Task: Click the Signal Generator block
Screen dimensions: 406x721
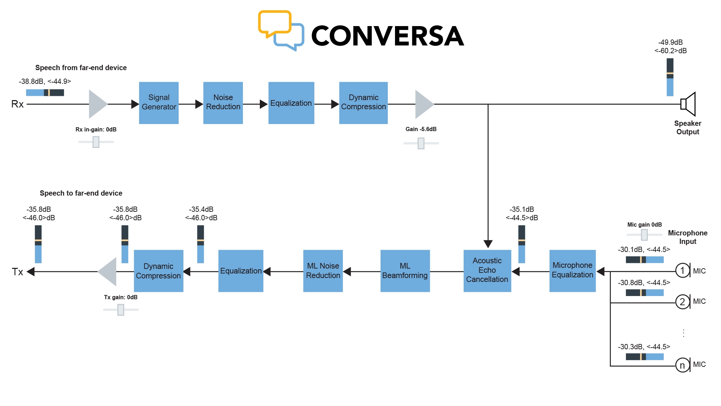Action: pyautogui.click(x=159, y=103)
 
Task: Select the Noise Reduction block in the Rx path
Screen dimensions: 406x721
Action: pyautogui.click(x=223, y=103)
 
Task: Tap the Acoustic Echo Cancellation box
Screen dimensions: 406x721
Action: pyautogui.click(x=487, y=270)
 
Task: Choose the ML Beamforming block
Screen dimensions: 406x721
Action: pyautogui.click(x=405, y=270)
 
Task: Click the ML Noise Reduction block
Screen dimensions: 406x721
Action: pyautogui.click(x=323, y=270)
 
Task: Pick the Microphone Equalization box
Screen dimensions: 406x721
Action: pyautogui.click(x=572, y=270)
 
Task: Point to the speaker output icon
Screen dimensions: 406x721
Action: pyautogui.click(x=688, y=104)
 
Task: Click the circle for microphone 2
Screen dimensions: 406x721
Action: pyautogui.click(x=682, y=302)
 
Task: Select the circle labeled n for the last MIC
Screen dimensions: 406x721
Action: pyautogui.click(x=682, y=365)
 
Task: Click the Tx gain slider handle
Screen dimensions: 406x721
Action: pyautogui.click(x=121, y=310)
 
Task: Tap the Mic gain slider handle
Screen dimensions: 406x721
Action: pyautogui.click(x=644, y=235)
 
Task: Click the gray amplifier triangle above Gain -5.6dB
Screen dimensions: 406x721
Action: pyautogui.click(x=423, y=104)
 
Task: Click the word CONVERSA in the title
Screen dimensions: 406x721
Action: pyautogui.click(x=388, y=36)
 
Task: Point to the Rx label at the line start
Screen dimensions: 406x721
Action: pyautogui.click(x=17, y=104)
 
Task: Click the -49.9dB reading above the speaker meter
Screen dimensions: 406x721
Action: pyautogui.click(x=670, y=42)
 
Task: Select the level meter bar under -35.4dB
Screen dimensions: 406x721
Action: pyautogui.click(x=200, y=244)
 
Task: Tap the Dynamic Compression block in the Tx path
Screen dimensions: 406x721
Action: pyautogui.click(x=158, y=270)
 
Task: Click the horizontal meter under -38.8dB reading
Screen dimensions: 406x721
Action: pyautogui.click(x=45, y=93)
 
